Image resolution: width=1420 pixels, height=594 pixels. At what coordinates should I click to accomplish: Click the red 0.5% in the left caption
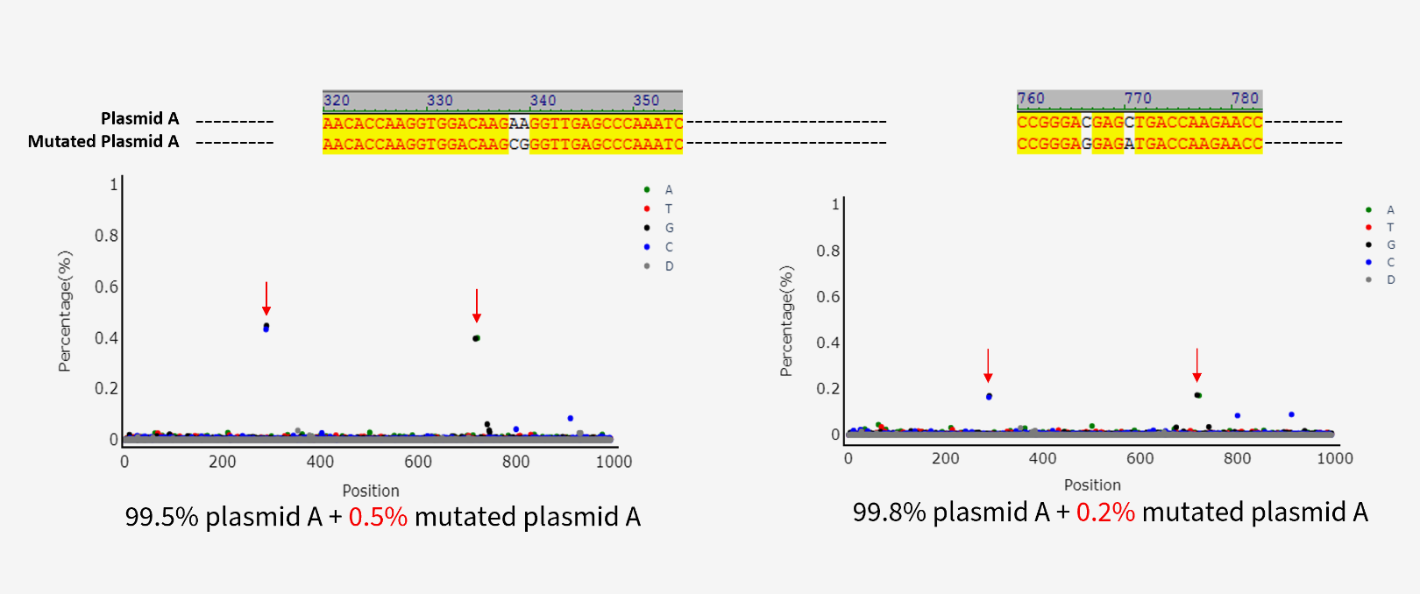378,517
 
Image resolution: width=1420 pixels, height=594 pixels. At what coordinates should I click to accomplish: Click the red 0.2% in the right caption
1105,513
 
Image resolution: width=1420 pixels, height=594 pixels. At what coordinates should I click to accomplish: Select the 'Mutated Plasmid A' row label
103,141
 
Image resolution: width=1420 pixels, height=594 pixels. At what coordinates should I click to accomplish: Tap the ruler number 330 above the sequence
440,101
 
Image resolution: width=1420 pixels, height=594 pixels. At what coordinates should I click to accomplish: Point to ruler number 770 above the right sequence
1138,98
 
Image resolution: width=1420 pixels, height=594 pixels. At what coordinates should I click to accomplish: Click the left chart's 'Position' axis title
371,491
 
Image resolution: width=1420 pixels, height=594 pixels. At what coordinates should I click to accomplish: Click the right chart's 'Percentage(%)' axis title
786,322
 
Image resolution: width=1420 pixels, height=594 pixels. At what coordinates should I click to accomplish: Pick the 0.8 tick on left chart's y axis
106,236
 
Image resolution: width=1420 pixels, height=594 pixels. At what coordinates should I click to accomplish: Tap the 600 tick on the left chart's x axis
418,462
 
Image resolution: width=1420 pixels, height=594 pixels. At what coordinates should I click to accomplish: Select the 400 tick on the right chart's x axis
1042,458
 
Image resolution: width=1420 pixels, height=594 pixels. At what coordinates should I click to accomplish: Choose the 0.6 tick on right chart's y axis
827,297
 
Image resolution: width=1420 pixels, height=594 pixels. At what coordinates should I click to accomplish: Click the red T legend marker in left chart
647,209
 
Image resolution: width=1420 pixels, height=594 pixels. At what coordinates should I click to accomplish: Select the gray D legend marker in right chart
1368,279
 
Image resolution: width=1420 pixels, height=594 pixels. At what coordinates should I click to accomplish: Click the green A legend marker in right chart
1368,210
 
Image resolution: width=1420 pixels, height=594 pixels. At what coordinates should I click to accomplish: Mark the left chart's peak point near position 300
266,327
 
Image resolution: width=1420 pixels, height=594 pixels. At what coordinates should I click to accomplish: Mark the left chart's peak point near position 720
476,338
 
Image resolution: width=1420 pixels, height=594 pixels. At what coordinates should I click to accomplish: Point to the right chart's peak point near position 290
989,397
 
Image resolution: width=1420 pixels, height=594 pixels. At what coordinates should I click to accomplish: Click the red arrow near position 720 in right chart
1196,364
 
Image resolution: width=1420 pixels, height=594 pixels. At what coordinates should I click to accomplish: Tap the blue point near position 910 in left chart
571,419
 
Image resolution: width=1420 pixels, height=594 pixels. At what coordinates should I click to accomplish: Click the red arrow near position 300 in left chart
266,298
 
